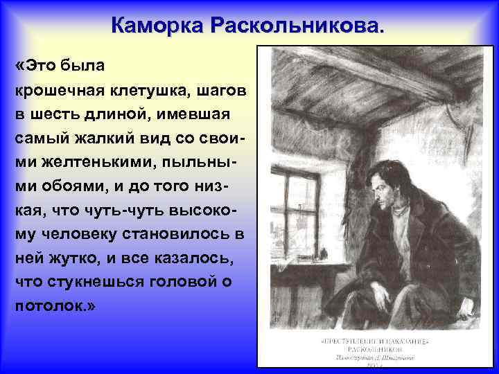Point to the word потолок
(x=47, y=305)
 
